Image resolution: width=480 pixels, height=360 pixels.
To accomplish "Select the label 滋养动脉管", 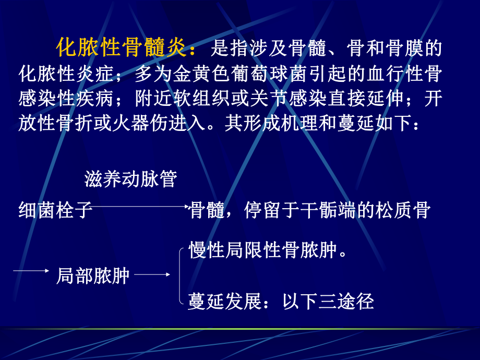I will [130, 179].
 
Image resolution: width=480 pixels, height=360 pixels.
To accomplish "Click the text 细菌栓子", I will [55, 210].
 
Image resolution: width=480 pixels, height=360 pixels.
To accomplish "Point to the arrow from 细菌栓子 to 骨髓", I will [141, 207].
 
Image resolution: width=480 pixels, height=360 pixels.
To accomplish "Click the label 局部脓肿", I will [93, 275].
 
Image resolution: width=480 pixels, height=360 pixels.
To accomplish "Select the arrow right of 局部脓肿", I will [155, 273].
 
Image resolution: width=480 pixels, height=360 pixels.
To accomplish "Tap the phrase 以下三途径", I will [328, 302].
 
